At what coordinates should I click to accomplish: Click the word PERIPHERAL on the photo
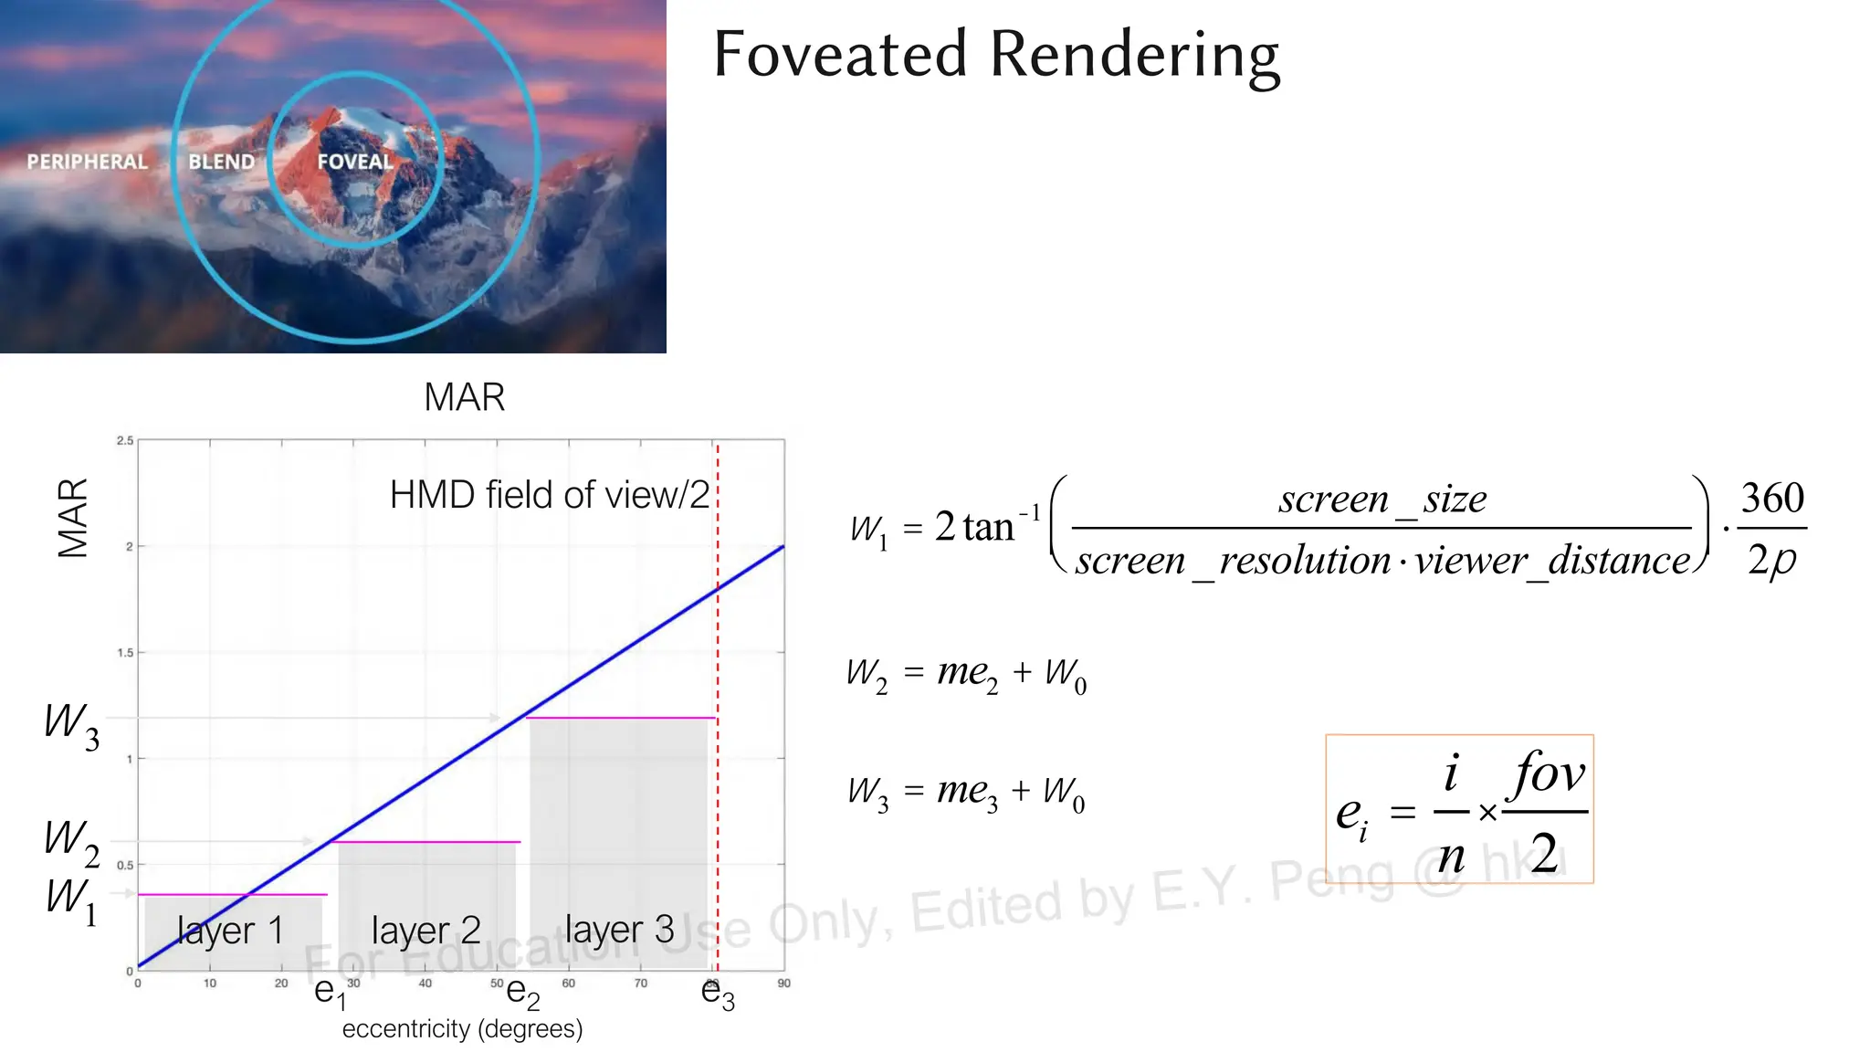pyautogui.click(x=87, y=162)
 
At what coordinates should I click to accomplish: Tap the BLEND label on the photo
pyautogui.click(x=221, y=162)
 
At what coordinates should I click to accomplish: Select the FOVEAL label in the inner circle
pyautogui.click(x=355, y=162)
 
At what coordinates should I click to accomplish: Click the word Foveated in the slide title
pyautogui.click(x=840, y=54)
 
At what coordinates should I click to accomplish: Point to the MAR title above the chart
pyautogui.click(x=464, y=397)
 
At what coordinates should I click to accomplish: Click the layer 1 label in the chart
pyautogui.click(x=230, y=931)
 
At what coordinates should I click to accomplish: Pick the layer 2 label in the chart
pyautogui.click(x=425, y=931)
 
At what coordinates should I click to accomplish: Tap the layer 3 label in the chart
pyautogui.click(x=619, y=930)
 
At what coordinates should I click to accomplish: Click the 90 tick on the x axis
pyautogui.click(x=783, y=984)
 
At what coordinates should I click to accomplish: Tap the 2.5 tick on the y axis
pyautogui.click(x=124, y=440)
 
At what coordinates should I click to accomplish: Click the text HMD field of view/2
pyautogui.click(x=549, y=495)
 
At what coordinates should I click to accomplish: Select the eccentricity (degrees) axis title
pyautogui.click(x=462, y=1029)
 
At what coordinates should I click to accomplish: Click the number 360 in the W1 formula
pyautogui.click(x=1771, y=499)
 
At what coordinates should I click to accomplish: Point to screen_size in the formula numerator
pyautogui.click(x=1381, y=500)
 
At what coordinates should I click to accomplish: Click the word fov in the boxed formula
pyautogui.click(x=1549, y=773)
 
